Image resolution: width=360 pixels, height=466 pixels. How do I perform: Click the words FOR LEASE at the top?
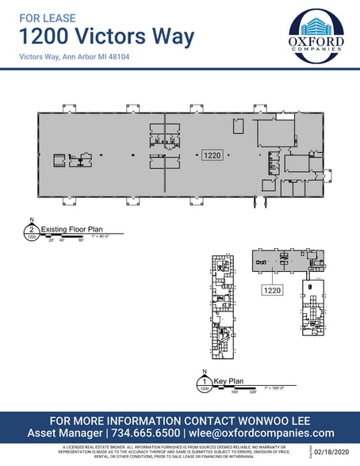pos(44,14)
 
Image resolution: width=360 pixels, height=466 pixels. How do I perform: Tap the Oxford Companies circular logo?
pos(316,36)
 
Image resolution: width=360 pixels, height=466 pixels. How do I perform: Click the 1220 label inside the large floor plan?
pos(213,156)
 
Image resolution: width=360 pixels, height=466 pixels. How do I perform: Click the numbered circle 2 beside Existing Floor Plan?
pos(31,231)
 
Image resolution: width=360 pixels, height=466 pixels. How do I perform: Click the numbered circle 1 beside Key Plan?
pos(205,385)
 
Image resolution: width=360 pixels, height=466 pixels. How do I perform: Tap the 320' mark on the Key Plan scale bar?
pos(251,391)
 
